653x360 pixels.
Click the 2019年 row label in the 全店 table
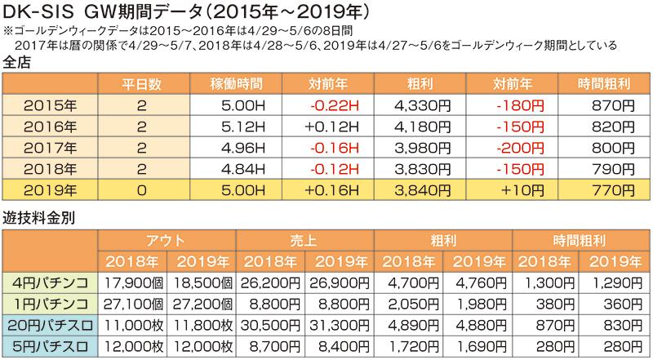51,189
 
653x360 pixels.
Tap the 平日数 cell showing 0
141,189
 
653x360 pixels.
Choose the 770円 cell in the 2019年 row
611,189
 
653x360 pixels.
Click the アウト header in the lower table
167,241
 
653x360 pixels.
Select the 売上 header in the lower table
304,241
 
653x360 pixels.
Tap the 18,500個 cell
202,282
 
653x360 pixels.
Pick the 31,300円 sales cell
340,325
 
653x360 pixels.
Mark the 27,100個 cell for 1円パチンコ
133,304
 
